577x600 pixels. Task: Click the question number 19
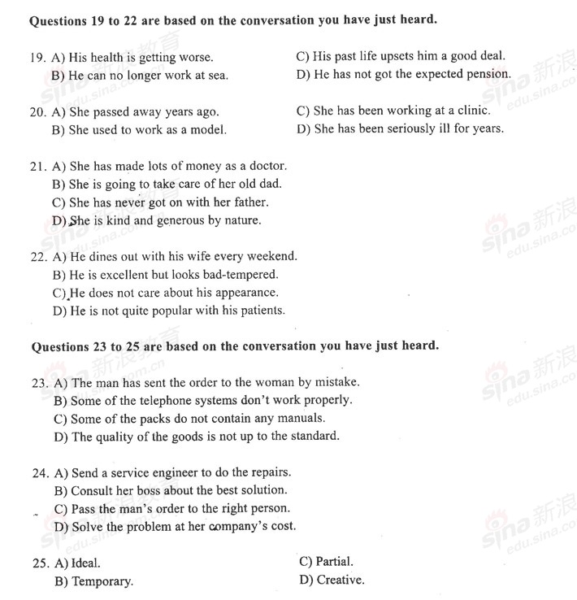pos(37,58)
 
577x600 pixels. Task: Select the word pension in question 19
pos(488,74)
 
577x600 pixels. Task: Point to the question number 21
pos(37,166)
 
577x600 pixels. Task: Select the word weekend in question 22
pos(272,256)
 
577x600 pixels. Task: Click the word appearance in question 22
pos(247,293)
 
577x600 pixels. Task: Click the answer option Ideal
pos(86,563)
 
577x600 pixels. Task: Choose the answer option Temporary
pos(102,581)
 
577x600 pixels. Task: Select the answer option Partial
pos(334,562)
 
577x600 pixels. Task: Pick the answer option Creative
pos(340,580)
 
